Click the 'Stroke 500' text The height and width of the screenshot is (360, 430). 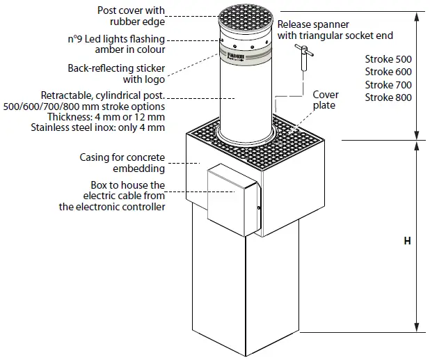(x=388, y=59)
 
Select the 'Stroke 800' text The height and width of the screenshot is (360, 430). (x=388, y=97)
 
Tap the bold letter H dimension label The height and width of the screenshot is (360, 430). (x=407, y=241)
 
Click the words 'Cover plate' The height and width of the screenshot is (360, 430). (x=325, y=100)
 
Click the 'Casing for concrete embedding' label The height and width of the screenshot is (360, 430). (x=122, y=163)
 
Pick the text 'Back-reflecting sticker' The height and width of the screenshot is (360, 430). (x=117, y=68)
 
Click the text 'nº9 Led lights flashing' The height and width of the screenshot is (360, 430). (x=116, y=39)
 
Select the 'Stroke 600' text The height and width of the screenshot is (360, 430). (x=388, y=72)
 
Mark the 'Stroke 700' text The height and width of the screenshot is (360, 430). (x=388, y=85)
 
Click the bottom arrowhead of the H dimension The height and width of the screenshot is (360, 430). (x=417, y=328)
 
